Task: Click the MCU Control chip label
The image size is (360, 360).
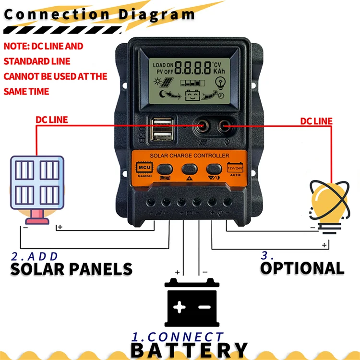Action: click(x=144, y=169)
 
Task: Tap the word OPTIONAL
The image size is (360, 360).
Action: click(x=302, y=268)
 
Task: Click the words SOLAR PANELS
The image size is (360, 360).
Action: click(x=71, y=269)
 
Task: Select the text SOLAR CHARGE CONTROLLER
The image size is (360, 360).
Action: click(x=190, y=156)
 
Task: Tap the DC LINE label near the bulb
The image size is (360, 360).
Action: click(x=316, y=121)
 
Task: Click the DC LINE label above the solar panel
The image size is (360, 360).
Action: click(x=52, y=120)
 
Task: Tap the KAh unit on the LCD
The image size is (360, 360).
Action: click(x=219, y=72)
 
